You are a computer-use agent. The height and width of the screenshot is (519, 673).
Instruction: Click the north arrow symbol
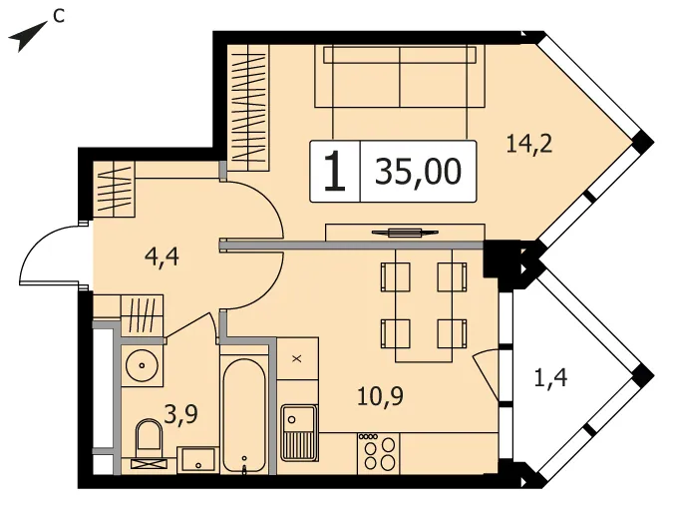[x=26, y=37]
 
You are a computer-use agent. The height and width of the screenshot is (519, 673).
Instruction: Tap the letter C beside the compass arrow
[x=59, y=16]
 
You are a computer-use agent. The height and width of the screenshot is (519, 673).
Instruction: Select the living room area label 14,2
[x=528, y=144]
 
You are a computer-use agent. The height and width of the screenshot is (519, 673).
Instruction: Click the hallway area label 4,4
[x=162, y=258]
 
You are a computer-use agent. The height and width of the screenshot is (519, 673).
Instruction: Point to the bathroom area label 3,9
[x=181, y=415]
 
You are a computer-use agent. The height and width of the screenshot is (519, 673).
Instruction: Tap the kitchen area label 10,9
[x=380, y=396]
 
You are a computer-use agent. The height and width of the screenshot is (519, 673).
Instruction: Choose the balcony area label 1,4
[x=551, y=378]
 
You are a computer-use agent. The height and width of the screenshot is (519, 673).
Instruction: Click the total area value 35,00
[x=419, y=172]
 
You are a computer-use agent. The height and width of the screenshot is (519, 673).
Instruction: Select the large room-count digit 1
[x=335, y=172]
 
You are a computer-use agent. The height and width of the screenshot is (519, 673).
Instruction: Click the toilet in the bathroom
[x=149, y=442]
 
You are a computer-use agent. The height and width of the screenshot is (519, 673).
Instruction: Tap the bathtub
[x=243, y=415]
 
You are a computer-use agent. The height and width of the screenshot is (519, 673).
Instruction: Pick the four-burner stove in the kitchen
[x=379, y=453]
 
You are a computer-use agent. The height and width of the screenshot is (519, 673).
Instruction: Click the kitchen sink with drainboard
[x=299, y=432]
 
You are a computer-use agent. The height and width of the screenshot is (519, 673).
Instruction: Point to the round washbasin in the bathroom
[x=142, y=365]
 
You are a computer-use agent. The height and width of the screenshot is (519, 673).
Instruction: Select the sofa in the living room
[x=400, y=76]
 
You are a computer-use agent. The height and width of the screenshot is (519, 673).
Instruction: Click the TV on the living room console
[x=405, y=233]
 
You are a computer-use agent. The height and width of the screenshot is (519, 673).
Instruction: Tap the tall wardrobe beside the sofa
[x=248, y=103]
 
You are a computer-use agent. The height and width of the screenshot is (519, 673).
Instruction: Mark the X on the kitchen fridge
[x=296, y=358]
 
